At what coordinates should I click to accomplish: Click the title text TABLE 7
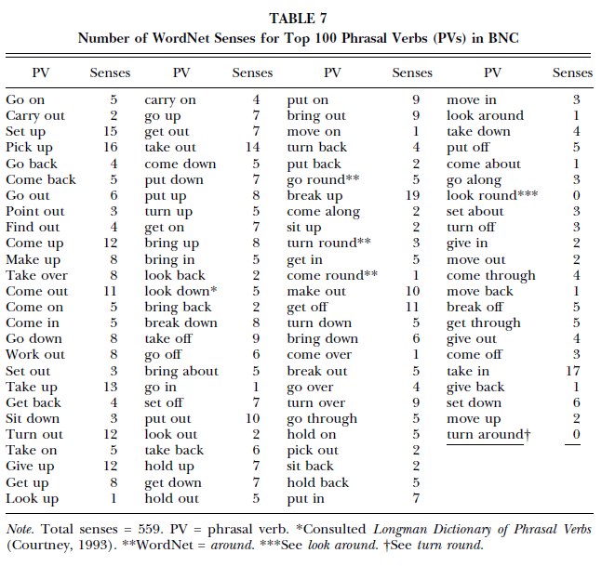[307, 18]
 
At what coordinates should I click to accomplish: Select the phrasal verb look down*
[180, 291]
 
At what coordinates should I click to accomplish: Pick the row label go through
[322, 419]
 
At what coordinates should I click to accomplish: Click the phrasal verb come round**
[331, 275]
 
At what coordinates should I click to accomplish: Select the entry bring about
[181, 371]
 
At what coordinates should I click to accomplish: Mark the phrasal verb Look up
[32, 499]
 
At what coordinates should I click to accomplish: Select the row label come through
[490, 275]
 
